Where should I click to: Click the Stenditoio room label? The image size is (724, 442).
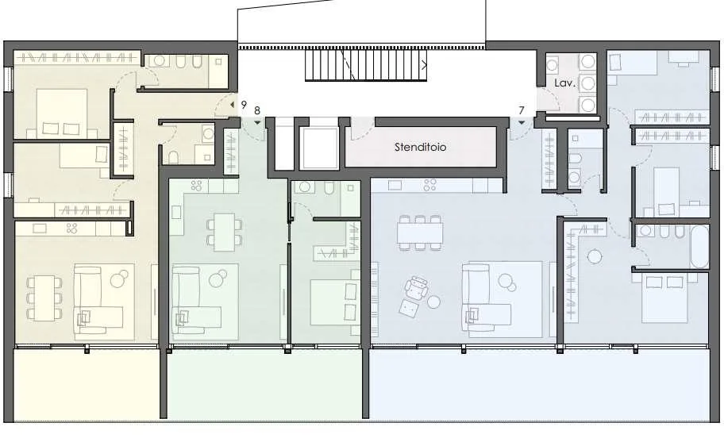[420, 147]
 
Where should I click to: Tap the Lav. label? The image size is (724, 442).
[564, 83]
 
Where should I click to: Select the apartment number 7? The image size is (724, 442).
[522, 110]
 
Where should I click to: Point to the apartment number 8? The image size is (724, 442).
[257, 111]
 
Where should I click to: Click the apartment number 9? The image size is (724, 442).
[244, 105]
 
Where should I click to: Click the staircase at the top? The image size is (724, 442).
[366, 65]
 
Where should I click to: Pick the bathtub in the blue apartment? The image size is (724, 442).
[699, 246]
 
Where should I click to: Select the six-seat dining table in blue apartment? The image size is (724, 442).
[420, 233]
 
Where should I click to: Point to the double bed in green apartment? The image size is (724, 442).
[335, 302]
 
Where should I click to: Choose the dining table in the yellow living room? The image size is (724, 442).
[44, 298]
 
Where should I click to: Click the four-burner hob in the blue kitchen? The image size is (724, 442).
[430, 185]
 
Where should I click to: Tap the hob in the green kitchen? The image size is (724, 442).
[196, 186]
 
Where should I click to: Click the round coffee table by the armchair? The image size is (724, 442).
[433, 302]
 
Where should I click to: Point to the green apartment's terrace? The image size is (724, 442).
[264, 384]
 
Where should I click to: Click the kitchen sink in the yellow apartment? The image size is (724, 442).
[39, 228]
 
